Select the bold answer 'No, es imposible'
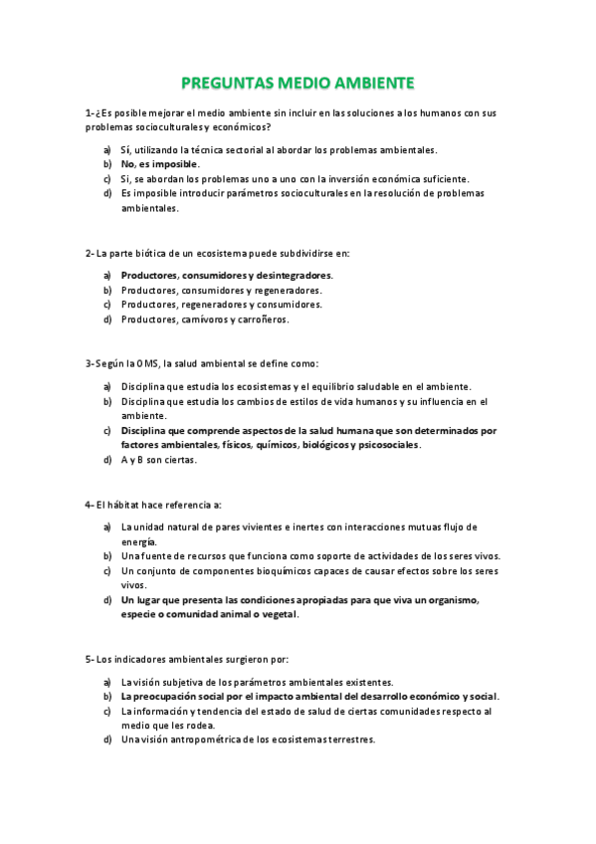pos(160,164)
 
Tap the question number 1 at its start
pos(89,112)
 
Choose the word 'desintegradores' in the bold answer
pos(295,275)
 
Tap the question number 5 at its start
pos(89,659)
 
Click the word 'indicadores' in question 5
pos(134,659)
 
